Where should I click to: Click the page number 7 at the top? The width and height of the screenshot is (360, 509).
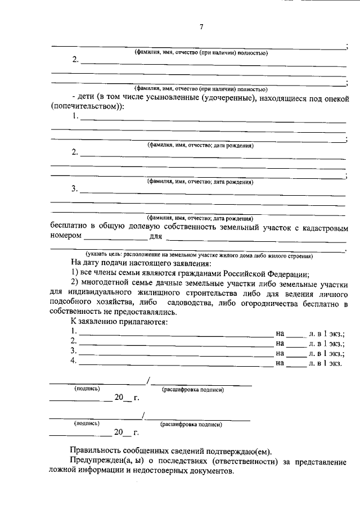coord(201,28)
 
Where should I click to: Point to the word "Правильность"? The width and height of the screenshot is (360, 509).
coord(97,451)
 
